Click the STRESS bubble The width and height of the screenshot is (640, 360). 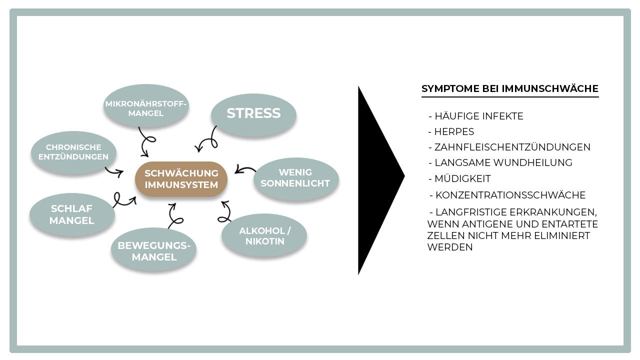(253, 113)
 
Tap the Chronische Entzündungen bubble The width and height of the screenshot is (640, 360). (73, 152)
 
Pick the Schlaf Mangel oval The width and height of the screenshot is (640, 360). (71, 214)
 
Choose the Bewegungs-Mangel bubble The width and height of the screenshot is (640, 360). (154, 251)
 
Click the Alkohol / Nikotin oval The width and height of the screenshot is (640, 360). (264, 236)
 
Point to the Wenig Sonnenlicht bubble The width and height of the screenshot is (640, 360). (295, 178)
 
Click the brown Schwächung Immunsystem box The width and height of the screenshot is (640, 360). (181, 179)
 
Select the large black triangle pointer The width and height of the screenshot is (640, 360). (375, 180)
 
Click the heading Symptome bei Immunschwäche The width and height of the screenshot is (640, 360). (510, 89)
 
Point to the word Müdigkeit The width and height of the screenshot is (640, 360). (462, 178)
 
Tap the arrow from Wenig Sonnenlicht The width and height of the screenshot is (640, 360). (245, 169)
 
